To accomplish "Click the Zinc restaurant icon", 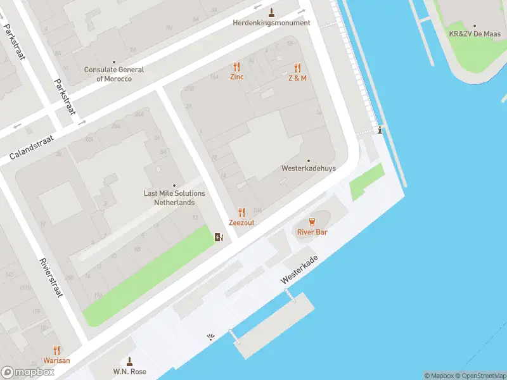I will coord(237,66).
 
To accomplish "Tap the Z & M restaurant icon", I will coord(297,68).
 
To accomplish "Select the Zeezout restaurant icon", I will coord(241,212).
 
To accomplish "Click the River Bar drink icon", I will coord(312,222).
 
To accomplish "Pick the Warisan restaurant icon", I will coord(56,350).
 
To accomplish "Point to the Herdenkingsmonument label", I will coord(271,23).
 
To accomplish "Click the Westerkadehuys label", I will coord(309,168).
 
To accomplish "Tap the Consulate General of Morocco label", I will coord(114,74).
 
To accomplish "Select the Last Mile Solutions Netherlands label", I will coord(174,198).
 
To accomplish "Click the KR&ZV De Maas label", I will coord(475,34).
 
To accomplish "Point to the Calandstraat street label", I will coord(32,147).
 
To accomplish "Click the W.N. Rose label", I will coord(130,371).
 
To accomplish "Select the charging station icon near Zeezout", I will coord(219,237).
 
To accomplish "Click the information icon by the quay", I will coord(380,130).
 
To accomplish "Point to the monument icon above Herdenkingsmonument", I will coord(271,13).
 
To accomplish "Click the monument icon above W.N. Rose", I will coord(130,361).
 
